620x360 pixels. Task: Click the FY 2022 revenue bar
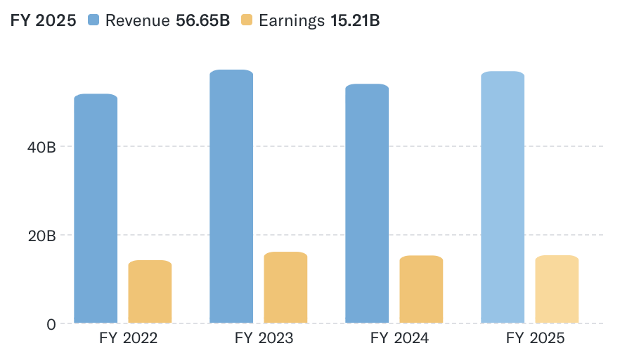click(x=96, y=208)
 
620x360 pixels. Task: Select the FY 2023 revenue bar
click(x=231, y=196)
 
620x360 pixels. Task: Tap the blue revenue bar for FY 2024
click(x=367, y=203)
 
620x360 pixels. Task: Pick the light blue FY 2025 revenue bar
click(x=503, y=197)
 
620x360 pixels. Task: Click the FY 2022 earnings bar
click(x=150, y=292)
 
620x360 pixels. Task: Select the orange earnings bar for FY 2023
click(x=285, y=288)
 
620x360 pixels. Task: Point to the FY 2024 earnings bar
click(x=421, y=289)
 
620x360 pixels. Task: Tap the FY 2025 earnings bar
click(x=557, y=289)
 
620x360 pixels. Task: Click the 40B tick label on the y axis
click(x=41, y=147)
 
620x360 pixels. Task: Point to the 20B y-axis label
click(x=41, y=236)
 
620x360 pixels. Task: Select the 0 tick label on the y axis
click(x=51, y=324)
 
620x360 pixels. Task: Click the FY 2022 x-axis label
click(x=129, y=339)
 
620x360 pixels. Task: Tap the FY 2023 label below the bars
click(x=264, y=339)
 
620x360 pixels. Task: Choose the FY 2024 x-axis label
click(x=400, y=339)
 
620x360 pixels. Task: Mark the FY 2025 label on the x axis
click(x=536, y=339)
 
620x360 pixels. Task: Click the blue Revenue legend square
click(x=94, y=20)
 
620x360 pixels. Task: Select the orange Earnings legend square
click(x=247, y=20)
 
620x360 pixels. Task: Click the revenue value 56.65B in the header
click(x=202, y=20)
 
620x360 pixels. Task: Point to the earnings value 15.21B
click(x=355, y=20)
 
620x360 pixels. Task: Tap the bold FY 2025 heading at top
click(x=43, y=20)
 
